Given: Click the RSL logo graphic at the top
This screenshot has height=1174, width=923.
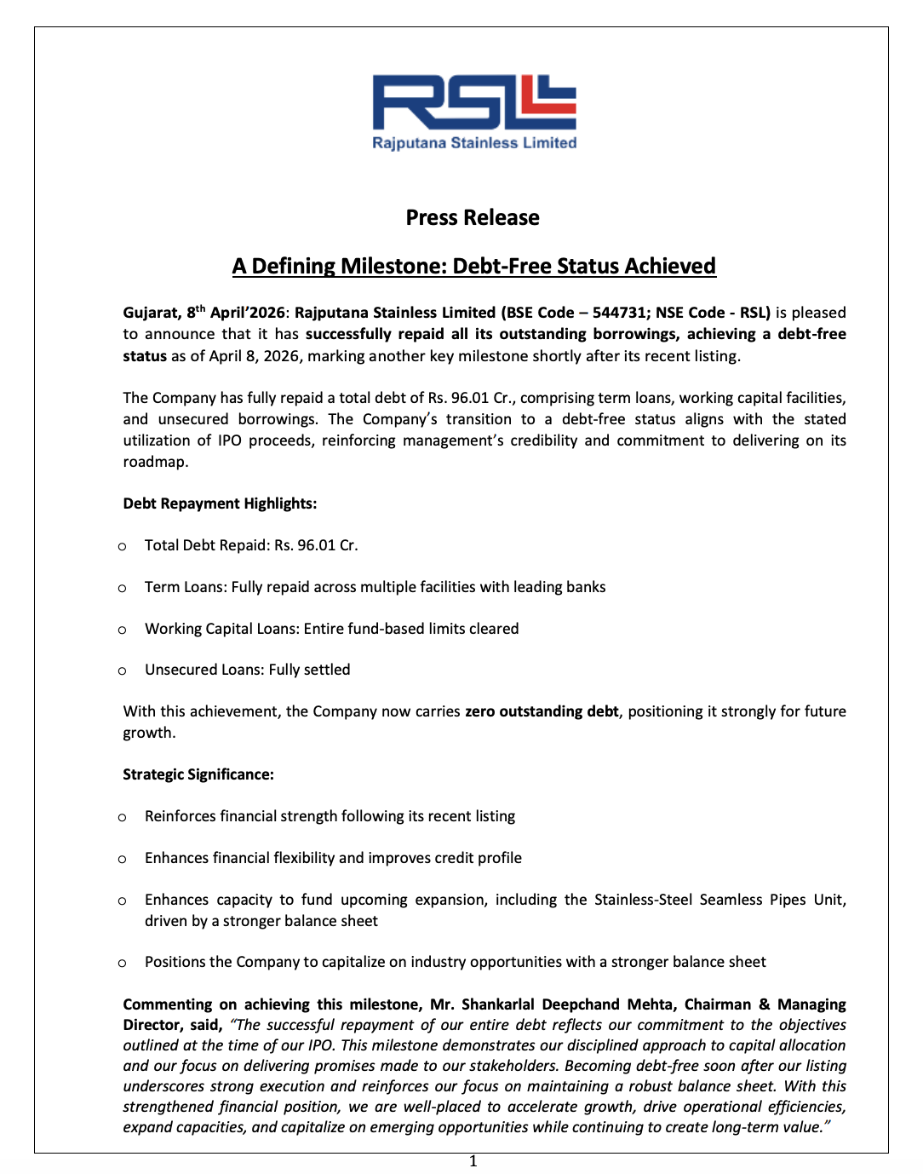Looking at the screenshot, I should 474,103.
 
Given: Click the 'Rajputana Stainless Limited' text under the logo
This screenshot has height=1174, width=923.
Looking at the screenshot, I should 474,143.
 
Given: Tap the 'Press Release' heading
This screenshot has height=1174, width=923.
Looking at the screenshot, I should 473,218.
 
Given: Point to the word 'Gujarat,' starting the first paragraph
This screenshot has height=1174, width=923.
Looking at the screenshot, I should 152,313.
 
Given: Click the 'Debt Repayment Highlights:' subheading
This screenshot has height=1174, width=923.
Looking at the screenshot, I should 220,504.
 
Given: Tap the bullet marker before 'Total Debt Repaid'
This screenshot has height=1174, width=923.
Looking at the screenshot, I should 123,546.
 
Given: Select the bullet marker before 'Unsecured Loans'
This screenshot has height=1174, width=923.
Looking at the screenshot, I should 123,670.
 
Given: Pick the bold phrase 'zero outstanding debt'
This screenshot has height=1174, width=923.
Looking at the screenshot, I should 542,711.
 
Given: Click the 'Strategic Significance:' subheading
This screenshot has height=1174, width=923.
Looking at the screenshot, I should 198,774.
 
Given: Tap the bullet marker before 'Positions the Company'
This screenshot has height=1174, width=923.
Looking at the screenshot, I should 123,963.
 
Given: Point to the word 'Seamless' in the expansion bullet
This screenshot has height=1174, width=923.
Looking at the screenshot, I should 731,900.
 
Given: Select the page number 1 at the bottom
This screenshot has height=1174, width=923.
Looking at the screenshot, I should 473,1161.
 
